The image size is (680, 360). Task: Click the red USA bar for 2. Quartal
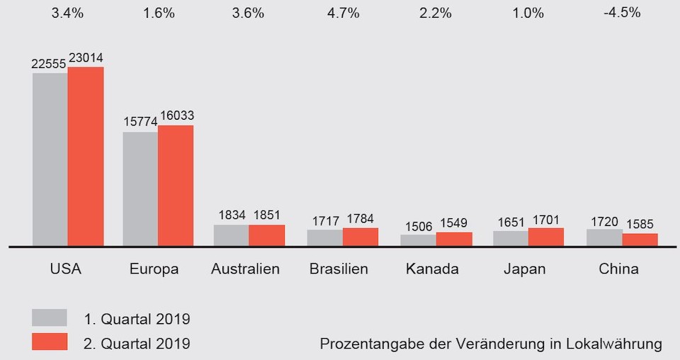tap(86, 157)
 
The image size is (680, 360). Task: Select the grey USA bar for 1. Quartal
tap(50, 159)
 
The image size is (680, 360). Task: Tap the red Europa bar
tap(176, 186)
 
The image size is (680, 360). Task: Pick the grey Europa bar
tap(140, 189)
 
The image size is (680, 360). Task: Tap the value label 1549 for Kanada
tap(453, 223)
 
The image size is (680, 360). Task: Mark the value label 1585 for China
tap(640, 225)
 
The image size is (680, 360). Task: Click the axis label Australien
tap(245, 269)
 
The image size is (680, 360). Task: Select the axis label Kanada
tap(432, 269)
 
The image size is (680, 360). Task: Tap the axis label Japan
tap(525, 269)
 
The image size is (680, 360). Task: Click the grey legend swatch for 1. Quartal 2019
tap(50, 317)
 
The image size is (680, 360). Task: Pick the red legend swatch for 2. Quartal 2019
tap(50, 342)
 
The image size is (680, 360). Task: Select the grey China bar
tap(604, 237)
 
